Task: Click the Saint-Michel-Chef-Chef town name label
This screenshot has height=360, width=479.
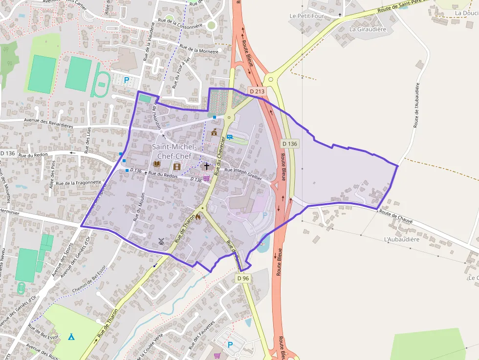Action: [174, 151]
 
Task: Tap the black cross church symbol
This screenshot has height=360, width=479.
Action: [206, 167]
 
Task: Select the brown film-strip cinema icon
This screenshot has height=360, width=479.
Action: [177, 167]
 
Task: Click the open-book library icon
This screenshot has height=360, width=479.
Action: [157, 164]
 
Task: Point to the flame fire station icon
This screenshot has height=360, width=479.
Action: [198, 218]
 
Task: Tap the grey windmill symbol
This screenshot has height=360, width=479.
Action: [161, 241]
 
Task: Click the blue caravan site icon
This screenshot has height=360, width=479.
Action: [229, 137]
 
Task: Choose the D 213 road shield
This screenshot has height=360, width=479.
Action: [257, 91]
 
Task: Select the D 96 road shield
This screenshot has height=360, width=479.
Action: [243, 278]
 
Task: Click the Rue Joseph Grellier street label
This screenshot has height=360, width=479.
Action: [243, 174]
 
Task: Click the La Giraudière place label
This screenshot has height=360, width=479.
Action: [368, 29]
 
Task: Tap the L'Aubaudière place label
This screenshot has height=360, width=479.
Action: [402, 239]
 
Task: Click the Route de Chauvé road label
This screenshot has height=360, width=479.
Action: [396, 217]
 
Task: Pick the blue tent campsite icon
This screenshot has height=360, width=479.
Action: [71, 337]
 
